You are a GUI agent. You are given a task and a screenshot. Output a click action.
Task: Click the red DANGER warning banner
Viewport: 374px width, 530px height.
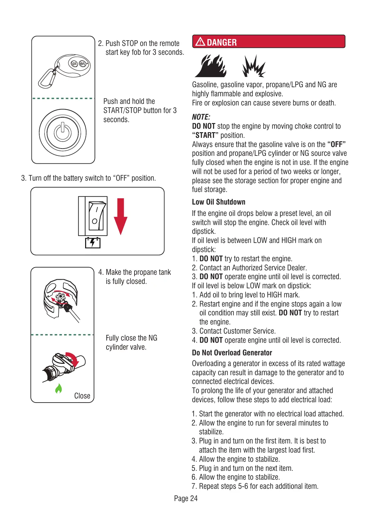tap(268, 42)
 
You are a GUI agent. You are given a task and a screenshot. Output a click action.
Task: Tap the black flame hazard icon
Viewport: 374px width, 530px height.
tap(211, 66)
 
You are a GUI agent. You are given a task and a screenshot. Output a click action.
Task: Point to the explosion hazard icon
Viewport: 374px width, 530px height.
tap(254, 66)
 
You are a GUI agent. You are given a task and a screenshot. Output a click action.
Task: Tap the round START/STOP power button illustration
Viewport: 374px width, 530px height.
tap(63, 132)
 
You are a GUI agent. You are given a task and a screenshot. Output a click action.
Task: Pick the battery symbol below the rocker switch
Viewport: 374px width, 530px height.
tap(93, 243)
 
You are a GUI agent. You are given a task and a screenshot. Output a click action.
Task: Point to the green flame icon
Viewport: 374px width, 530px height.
tap(58, 389)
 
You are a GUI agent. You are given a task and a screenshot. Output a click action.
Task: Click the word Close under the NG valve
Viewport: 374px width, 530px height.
tap(82, 396)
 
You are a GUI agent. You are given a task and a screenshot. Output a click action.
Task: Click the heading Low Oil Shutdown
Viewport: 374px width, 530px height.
tap(218, 202)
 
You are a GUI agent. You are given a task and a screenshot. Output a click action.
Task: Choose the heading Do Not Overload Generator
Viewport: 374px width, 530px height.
tap(232, 353)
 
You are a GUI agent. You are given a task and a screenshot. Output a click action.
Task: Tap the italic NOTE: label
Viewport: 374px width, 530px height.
tap(201, 117)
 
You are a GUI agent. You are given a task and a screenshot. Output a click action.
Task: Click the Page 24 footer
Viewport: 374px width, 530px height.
tap(186, 499)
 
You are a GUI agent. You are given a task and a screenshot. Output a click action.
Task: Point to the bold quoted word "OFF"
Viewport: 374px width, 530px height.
tap(336, 144)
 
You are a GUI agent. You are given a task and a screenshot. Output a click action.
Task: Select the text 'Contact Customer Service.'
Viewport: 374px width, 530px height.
tap(237, 331)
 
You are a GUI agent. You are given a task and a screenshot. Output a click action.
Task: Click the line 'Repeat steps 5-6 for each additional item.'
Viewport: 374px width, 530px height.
tap(259, 486)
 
